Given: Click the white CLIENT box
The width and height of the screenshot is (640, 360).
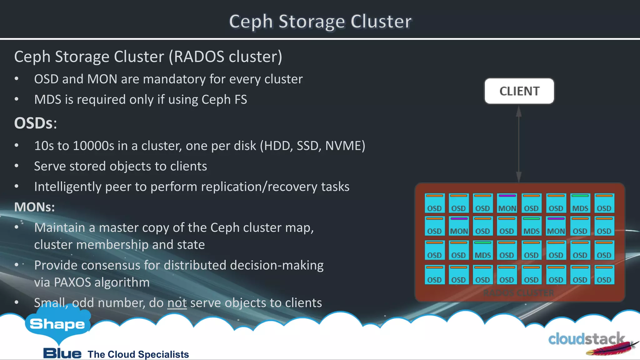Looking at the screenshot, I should [519, 91].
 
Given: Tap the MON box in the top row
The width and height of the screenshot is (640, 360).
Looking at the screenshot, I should [507, 203].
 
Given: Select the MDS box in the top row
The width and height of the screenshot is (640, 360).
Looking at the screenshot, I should [580, 203].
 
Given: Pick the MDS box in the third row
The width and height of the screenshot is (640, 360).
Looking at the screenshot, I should [482, 250].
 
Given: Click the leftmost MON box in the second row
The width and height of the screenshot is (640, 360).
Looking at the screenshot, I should [459, 226].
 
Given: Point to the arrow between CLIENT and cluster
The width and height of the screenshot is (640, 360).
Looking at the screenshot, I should [519, 144].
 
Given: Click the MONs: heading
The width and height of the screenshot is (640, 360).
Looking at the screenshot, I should [34, 207].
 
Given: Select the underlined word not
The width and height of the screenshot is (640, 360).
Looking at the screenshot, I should [177, 303].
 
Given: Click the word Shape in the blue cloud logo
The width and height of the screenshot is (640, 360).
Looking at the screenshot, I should [57, 324].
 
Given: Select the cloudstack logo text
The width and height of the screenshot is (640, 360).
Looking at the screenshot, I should [586, 339].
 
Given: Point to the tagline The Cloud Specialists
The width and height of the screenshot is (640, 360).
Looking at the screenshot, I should [138, 354].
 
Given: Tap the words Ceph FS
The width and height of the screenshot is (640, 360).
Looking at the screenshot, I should [224, 100].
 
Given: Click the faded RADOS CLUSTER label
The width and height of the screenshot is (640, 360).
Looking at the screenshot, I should [519, 293].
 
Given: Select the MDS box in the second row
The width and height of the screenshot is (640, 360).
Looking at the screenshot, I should [531, 226].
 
